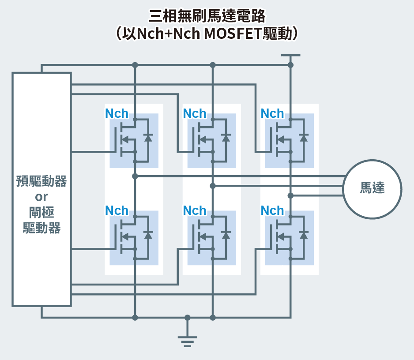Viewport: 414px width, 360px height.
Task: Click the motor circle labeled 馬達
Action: click(373, 188)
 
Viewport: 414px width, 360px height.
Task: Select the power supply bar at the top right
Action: click(290, 56)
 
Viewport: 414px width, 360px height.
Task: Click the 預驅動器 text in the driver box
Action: click(41, 181)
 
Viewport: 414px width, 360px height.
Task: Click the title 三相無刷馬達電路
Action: click(207, 16)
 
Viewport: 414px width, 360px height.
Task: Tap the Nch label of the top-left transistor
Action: click(117, 113)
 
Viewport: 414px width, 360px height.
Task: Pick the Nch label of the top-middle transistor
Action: click(195, 113)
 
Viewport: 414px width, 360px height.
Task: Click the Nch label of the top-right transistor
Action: click(272, 113)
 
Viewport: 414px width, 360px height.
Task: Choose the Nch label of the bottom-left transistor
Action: click(117, 210)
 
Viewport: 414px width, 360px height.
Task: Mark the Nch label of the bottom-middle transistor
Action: click(195, 210)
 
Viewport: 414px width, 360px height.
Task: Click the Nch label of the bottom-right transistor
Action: click(272, 210)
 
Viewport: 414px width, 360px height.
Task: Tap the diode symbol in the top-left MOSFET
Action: click(148, 137)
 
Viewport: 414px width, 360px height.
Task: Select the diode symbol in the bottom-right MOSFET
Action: click(304, 234)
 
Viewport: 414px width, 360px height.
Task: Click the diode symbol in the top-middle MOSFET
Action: click(226, 137)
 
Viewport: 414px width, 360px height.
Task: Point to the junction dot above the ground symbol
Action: click(187, 318)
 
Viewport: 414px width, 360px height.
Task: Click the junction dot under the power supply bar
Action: click(290, 65)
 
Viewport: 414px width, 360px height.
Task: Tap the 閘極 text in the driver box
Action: click(41, 212)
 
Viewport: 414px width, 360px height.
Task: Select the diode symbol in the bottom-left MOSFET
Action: click(148, 234)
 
